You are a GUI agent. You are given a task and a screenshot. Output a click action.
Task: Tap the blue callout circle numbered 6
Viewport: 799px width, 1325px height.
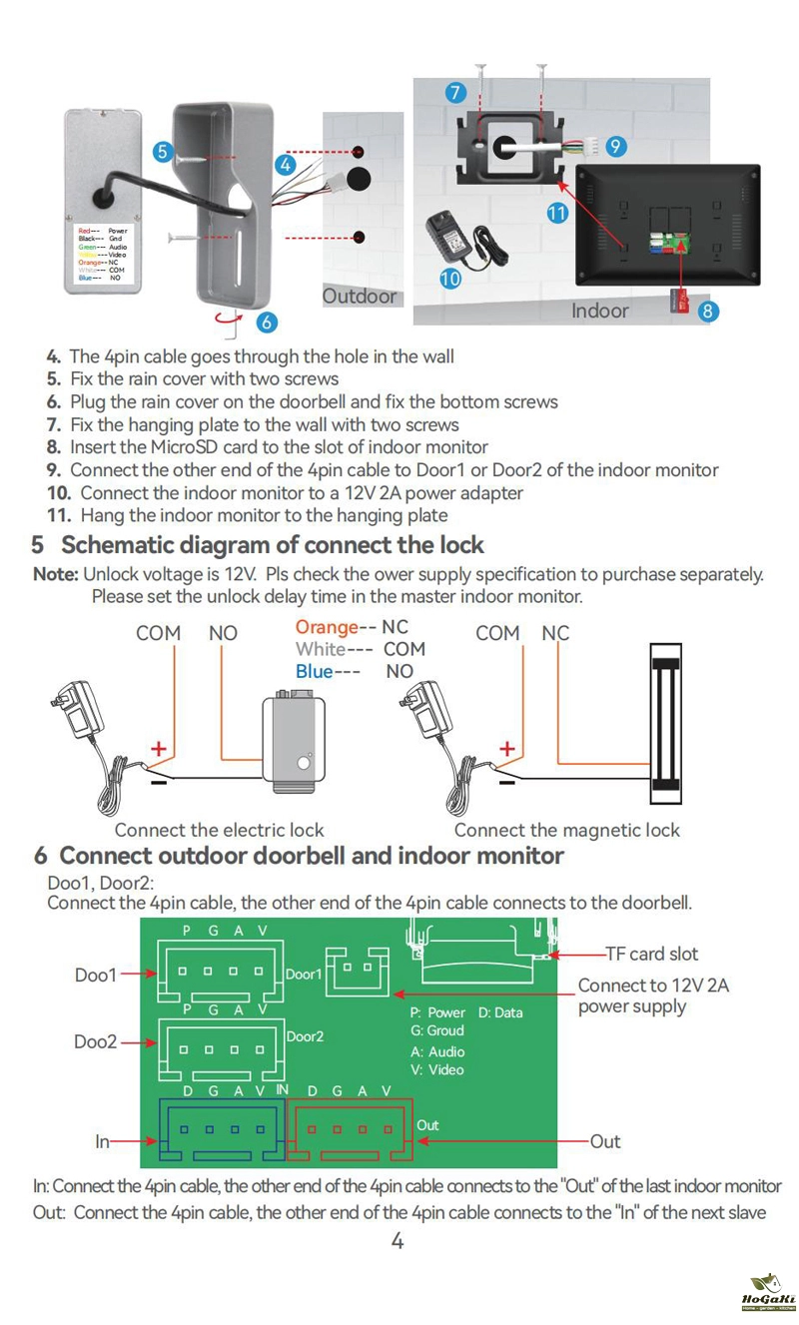[x=266, y=322]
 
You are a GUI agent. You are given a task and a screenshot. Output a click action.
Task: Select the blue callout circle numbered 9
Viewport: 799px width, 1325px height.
[x=616, y=146]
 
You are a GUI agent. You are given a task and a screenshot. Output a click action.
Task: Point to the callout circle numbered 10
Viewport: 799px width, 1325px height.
[x=450, y=279]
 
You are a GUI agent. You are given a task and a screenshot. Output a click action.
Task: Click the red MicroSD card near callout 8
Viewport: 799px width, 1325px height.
[x=682, y=300]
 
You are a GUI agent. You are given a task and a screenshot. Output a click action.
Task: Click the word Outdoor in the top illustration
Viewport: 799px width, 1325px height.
[x=360, y=297]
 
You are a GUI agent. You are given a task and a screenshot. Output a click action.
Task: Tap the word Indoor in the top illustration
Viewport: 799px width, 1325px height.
[x=600, y=311]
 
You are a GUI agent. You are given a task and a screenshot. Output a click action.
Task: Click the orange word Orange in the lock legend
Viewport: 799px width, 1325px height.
[x=327, y=627]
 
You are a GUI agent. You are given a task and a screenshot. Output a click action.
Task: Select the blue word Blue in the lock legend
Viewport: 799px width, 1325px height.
[x=314, y=671]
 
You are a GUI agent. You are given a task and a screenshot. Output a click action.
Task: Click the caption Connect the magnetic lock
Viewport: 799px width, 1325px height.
[x=566, y=830]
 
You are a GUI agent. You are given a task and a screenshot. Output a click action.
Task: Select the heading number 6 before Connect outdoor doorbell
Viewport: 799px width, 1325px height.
[x=41, y=856]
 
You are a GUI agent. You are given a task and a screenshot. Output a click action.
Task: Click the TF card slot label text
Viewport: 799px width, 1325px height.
[x=652, y=954]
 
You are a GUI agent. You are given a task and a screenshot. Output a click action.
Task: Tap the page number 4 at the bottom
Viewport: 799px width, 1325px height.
[x=398, y=1241]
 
